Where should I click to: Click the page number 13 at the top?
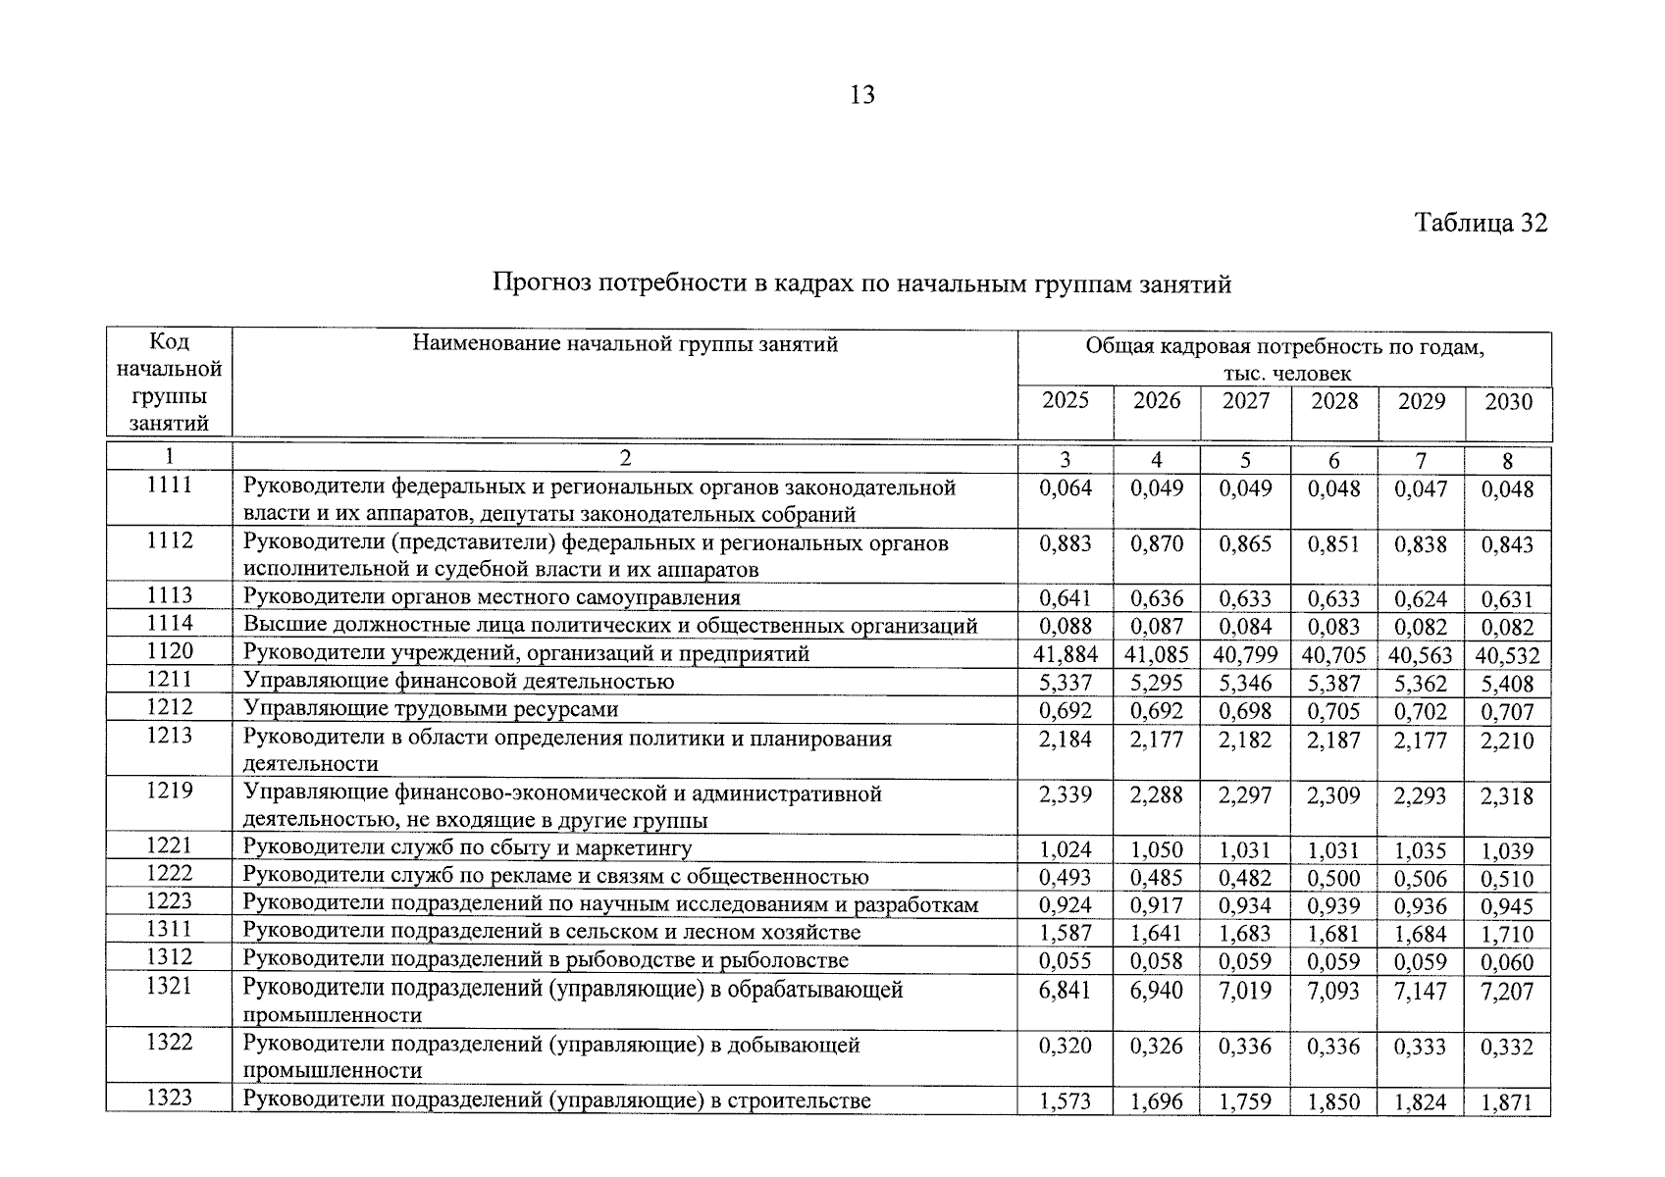coord(862,95)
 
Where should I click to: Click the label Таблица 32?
coord(1481,223)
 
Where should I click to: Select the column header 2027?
coord(1245,401)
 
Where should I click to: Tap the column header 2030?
coord(1508,401)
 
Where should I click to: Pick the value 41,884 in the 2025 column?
coord(1066,654)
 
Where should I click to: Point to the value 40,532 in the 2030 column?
coord(1508,655)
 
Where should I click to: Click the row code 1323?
coord(170,1099)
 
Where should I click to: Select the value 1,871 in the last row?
coord(1508,1102)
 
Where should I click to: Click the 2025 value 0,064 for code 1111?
coord(1066,488)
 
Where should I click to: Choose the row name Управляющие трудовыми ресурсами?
coord(431,708)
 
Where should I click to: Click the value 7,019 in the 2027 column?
coord(1245,992)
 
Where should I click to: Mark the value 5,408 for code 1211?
coord(1508,683)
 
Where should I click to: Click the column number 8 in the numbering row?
coord(1508,461)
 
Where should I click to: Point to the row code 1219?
coord(170,791)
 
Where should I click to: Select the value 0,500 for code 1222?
coord(1334,878)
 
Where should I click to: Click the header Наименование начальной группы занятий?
coord(625,343)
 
